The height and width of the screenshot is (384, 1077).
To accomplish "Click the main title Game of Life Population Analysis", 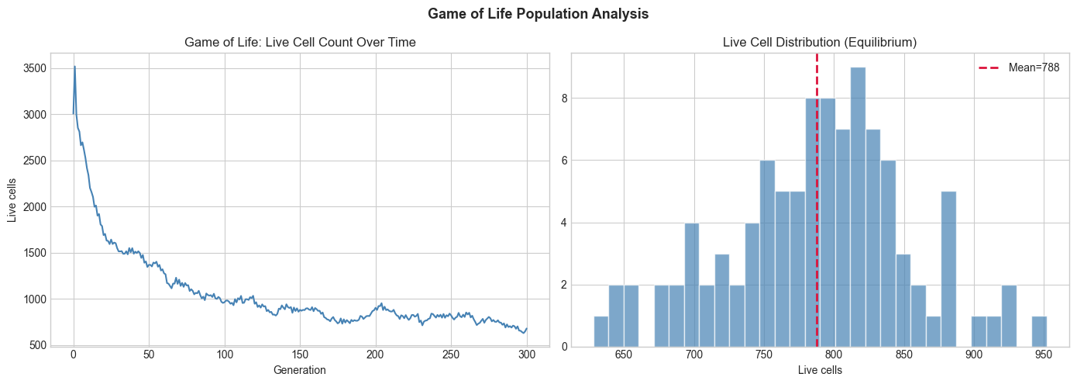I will (x=538, y=14).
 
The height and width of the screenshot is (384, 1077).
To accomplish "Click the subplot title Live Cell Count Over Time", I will (x=300, y=43).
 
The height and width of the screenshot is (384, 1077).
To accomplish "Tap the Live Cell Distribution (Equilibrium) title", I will (x=820, y=43).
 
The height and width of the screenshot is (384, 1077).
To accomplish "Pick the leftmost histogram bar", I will (x=601, y=331).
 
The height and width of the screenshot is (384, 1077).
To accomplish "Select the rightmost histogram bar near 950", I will (x=1039, y=331).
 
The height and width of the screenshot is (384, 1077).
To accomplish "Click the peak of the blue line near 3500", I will (x=74, y=67).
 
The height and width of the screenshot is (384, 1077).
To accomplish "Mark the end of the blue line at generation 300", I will (x=527, y=328).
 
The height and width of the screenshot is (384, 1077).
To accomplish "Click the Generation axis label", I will (x=300, y=371).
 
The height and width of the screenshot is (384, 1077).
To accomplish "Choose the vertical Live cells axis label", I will (x=12, y=200).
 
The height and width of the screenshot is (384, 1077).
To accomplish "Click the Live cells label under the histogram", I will (x=820, y=371).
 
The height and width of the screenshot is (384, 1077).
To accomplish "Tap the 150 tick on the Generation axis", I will (x=300, y=355).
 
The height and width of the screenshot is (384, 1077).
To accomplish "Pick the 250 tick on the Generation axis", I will (x=451, y=355).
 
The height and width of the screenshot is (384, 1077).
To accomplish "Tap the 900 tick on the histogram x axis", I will (x=974, y=355).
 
